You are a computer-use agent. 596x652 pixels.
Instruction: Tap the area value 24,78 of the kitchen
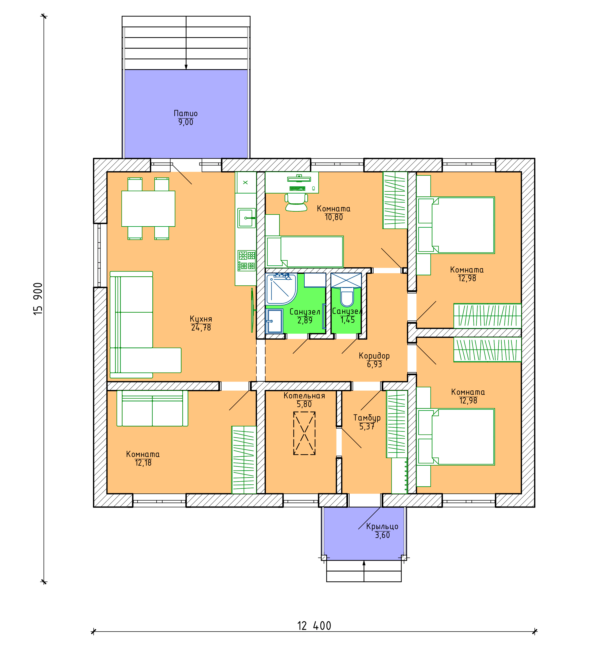click(201, 328)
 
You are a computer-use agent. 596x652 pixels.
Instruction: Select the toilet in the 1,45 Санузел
click(347, 298)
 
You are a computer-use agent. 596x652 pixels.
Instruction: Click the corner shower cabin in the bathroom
click(281, 289)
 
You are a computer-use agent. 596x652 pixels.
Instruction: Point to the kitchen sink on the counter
click(247, 218)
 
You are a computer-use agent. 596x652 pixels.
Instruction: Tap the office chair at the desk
click(296, 202)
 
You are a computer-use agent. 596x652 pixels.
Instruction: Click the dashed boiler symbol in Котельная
click(304, 433)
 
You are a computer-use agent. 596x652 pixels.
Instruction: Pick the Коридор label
click(374, 356)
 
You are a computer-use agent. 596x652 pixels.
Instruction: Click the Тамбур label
click(367, 418)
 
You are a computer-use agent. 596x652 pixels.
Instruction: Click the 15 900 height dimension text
click(38, 298)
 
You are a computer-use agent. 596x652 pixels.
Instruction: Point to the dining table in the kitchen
click(148, 209)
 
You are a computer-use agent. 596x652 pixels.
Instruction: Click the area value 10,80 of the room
click(334, 217)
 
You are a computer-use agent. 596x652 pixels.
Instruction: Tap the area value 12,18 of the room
click(143, 463)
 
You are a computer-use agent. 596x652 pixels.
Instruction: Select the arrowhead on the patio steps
click(186, 67)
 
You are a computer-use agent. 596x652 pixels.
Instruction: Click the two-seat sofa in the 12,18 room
click(152, 408)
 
